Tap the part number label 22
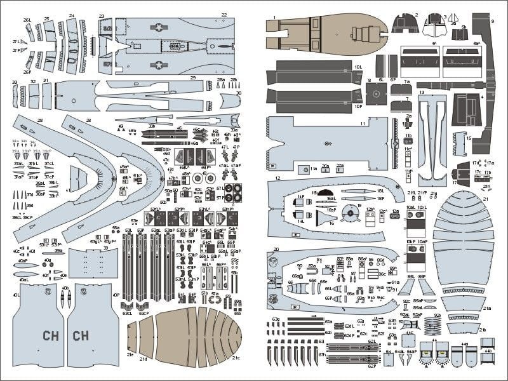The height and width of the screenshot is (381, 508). [224, 14]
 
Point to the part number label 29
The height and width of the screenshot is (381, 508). [192, 77]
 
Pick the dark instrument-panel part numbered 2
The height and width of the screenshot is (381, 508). [404, 24]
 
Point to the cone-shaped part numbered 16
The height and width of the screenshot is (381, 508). [328, 218]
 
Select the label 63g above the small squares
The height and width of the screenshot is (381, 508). [276, 319]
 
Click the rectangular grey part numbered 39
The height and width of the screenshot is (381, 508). [92, 263]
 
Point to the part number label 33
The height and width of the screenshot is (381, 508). [15, 82]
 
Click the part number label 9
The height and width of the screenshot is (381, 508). [492, 21]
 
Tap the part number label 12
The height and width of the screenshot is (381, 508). [278, 179]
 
